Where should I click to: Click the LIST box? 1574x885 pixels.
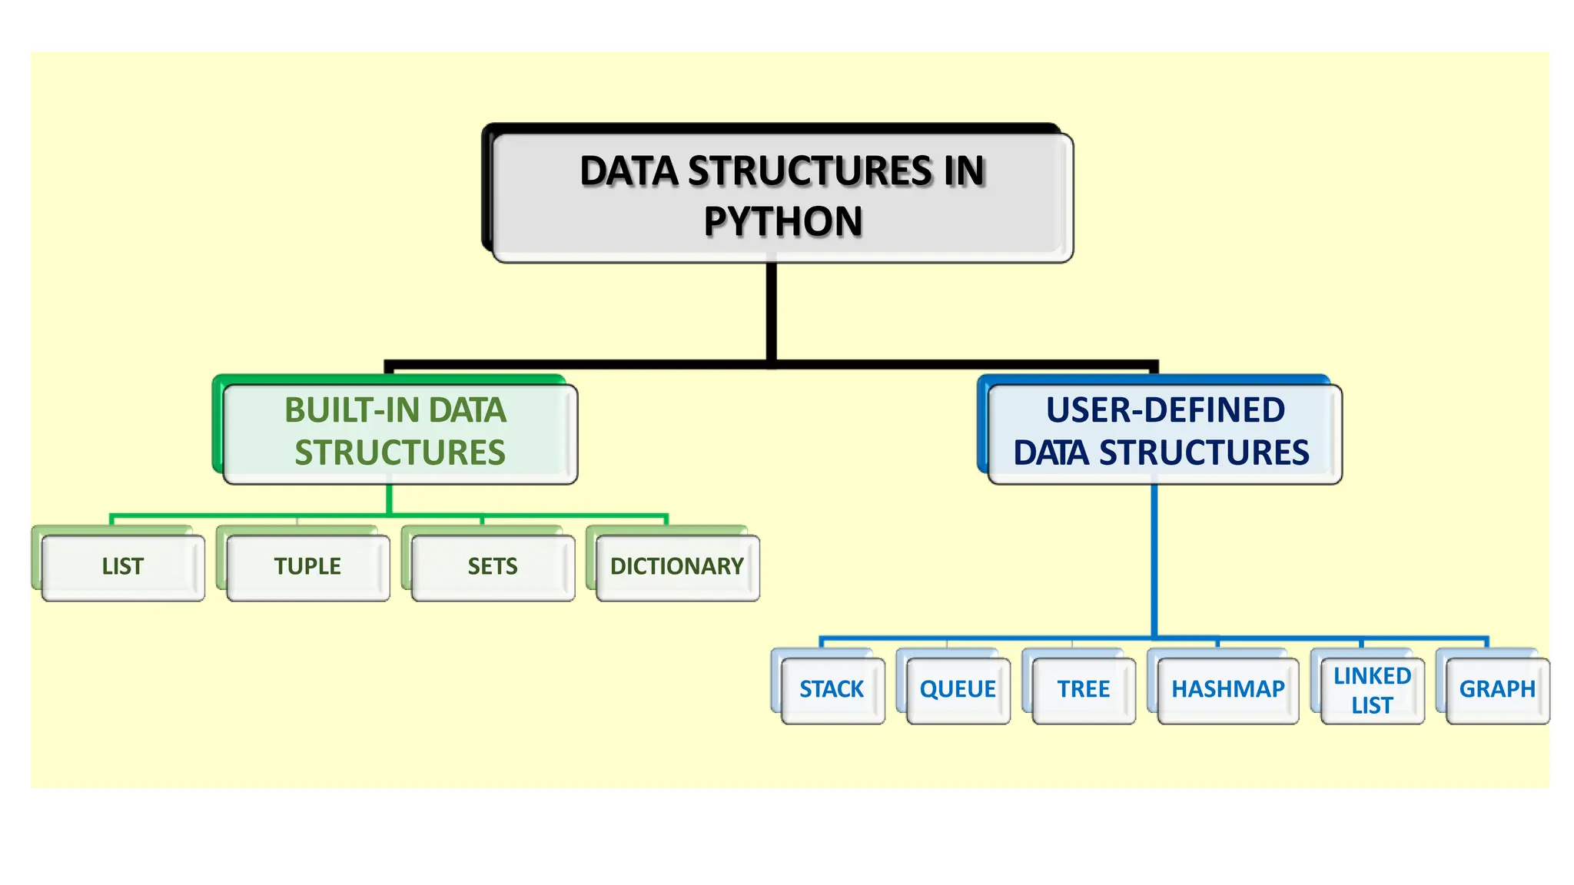point(123,567)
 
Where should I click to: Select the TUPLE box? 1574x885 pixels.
point(307,567)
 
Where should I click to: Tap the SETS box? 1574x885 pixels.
point(493,567)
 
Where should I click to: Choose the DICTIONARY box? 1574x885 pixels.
point(677,567)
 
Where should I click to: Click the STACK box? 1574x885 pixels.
point(832,689)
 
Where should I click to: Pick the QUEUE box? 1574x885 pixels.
point(958,689)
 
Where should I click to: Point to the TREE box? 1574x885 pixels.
point(1083,689)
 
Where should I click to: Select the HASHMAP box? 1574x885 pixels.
point(1227,689)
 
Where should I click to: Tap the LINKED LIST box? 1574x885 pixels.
point(1372,690)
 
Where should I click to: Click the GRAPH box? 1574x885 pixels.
point(1497,689)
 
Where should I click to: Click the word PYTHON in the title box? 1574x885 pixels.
point(782,222)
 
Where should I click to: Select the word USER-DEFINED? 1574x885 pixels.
point(1165,410)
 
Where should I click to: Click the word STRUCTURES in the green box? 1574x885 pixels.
point(400,453)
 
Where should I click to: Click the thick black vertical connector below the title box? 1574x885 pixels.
point(771,311)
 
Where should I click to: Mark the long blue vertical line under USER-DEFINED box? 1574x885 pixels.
point(1154,561)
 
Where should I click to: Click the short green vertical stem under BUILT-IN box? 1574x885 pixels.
point(389,499)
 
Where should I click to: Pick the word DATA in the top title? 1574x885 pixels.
point(629,171)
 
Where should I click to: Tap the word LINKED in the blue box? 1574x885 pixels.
point(1372,676)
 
